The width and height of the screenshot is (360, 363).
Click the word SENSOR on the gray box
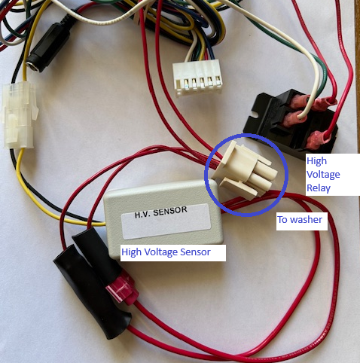[x=170, y=212]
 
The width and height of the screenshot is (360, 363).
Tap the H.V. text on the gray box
[x=142, y=215]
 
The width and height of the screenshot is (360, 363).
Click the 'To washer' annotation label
[x=300, y=220]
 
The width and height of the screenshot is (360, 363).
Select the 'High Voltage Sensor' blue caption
[x=166, y=252]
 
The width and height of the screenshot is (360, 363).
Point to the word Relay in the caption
[x=319, y=188]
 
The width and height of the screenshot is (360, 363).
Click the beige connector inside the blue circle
[x=245, y=170]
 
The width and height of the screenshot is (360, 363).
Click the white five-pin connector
[x=197, y=78]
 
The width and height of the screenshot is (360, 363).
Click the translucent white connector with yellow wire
[x=19, y=114]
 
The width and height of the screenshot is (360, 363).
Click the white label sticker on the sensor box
[x=166, y=221]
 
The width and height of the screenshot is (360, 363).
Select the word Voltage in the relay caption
[x=323, y=175]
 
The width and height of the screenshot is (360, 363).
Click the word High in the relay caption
[x=317, y=161]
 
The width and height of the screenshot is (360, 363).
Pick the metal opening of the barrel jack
[x=32, y=65]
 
